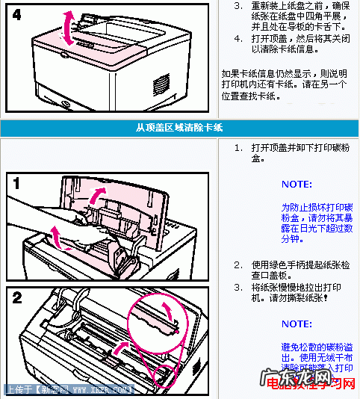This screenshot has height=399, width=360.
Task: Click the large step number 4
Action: point(17,14)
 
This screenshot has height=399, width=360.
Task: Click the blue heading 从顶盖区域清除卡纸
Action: point(179,127)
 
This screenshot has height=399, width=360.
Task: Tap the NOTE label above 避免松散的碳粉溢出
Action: point(297,324)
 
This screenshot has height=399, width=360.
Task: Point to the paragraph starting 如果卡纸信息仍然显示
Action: point(284,84)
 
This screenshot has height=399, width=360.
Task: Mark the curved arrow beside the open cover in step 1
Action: point(96,196)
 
